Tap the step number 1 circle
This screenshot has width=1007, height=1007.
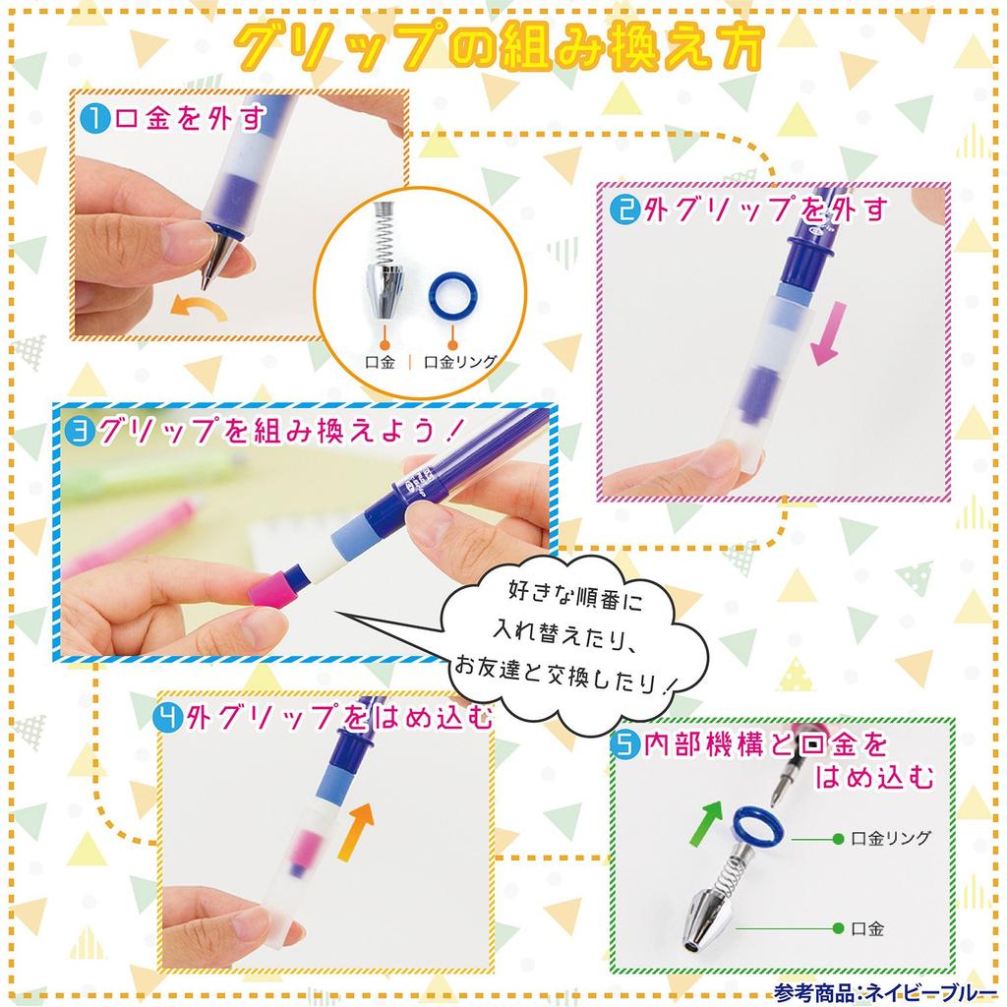click(94, 120)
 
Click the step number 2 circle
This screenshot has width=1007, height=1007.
click(624, 209)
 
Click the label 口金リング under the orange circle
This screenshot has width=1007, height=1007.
click(460, 362)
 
